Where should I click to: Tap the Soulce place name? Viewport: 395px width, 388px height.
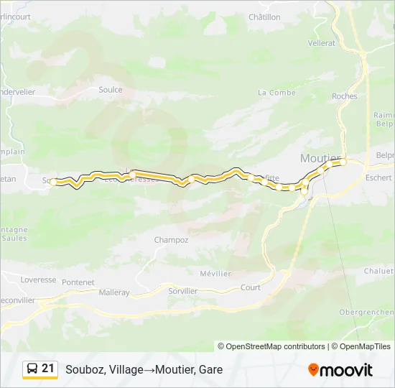tap(111, 90)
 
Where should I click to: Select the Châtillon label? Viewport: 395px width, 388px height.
tap(264, 17)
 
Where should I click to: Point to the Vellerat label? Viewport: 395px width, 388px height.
tap(322, 43)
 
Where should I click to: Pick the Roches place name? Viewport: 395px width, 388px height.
tap(345, 96)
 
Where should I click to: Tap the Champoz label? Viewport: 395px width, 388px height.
tap(171, 240)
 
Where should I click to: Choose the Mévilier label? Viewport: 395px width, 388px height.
tap(215, 274)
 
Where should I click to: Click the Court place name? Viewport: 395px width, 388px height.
tap(251, 287)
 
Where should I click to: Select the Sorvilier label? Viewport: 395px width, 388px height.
tap(182, 291)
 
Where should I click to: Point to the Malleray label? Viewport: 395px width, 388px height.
tap(114, 292)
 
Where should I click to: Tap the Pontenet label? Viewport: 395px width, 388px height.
tap(78, 282)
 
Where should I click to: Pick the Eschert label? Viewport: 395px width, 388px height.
tap(378, 177)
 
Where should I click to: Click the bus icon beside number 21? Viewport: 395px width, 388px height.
tap(32, 369)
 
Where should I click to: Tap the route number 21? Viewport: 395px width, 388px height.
tap(48, 369)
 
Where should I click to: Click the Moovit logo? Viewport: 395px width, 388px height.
tap(340, 370)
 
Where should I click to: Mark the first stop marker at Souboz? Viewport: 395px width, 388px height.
tap(53, 182)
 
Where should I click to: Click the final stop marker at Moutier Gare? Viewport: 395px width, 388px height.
tap(343, 162)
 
